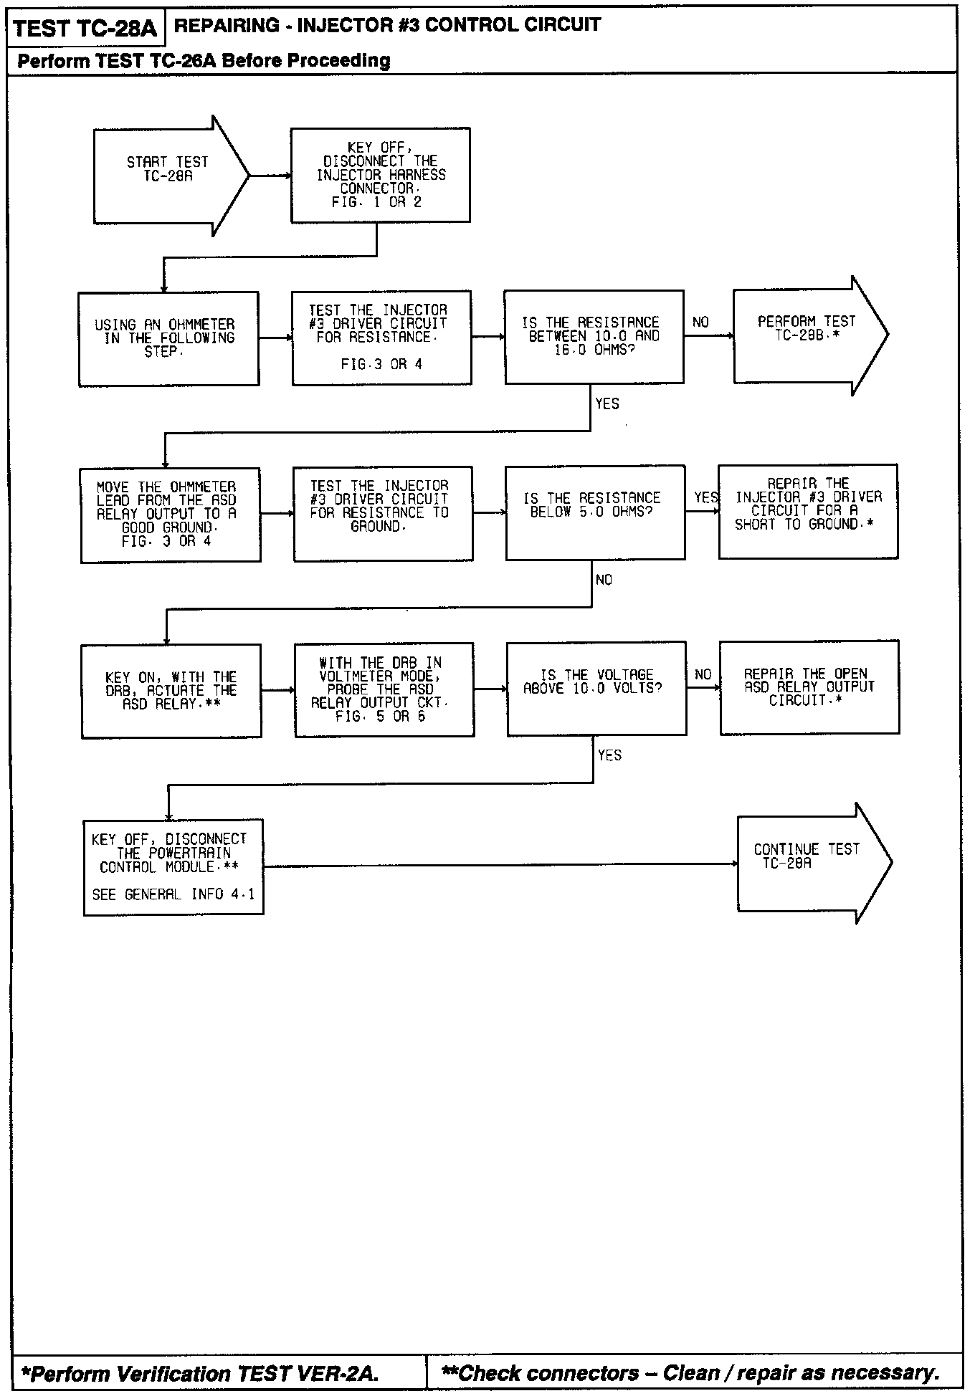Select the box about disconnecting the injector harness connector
[380, 175]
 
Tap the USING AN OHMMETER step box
[168, 338]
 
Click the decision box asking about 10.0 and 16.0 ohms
[594, 337]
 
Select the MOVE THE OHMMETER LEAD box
[171, 515]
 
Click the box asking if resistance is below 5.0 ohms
[595, 512]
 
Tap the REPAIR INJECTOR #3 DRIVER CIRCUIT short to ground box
[808, 511]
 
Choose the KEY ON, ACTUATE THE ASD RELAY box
[171, 691]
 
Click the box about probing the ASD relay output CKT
[384, 689]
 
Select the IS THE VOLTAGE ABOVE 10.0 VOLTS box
[596, 688]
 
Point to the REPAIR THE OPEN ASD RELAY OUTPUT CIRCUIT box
[809, 687]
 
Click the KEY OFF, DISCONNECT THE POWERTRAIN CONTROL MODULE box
[173, 867]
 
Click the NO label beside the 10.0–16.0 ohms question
[701, 322]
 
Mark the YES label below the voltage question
[609, 755]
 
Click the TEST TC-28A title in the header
[85, 29]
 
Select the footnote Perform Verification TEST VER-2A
[200, 1374]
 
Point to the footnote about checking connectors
[691, 1373]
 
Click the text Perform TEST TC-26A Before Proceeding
[204, 61]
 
